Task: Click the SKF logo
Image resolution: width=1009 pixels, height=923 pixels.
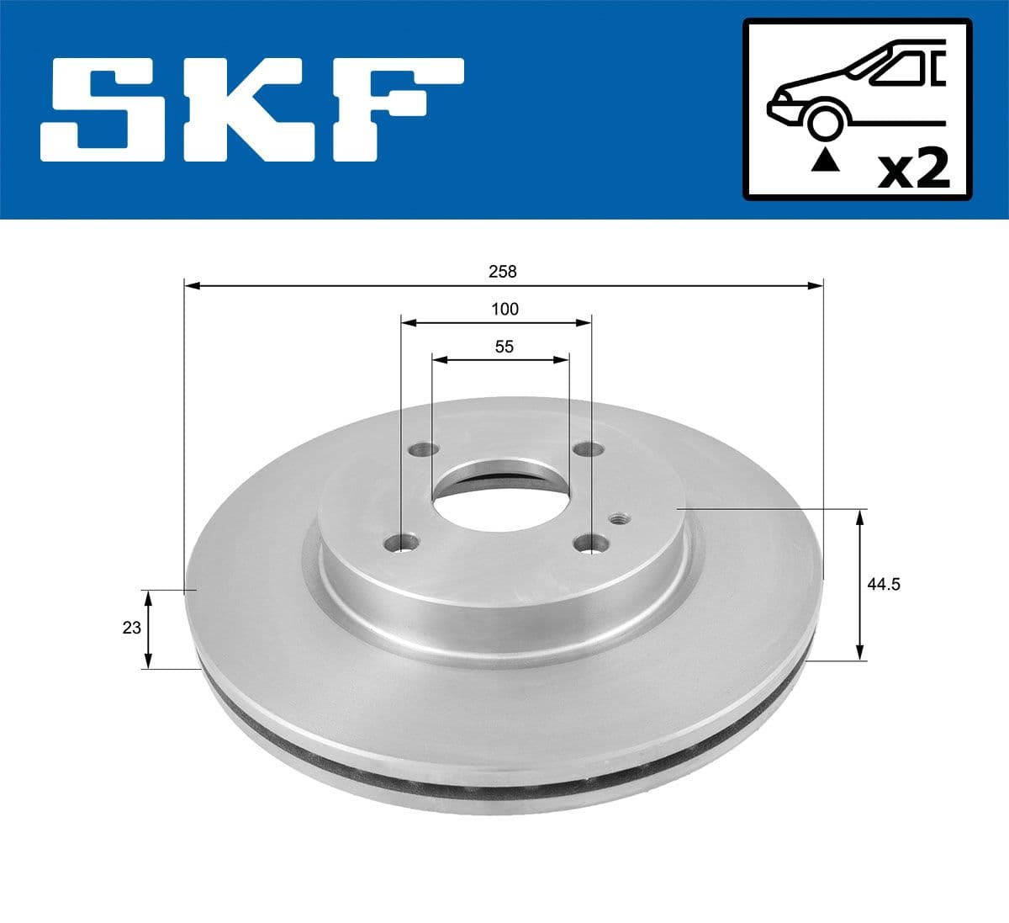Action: pyautogui.click(x=252, y=109)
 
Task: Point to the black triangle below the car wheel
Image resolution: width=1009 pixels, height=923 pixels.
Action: pyautogui.click(x=825, y=159)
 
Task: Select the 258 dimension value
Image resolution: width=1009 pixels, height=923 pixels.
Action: pyautogui.click(x=504, y=272)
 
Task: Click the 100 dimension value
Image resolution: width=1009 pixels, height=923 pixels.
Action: pyautogui.click(x=504, y=309)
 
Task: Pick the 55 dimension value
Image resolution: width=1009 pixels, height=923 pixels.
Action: pyautogui.click(x=504, y=346)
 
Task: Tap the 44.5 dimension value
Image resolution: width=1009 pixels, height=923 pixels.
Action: pyautogui.click(x=884, y=584)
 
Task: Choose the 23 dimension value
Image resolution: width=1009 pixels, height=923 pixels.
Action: pyautogui.click(x=131, y=628)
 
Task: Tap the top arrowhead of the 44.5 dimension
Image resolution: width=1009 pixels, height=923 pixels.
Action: pyautogui.click(x=859, y=516)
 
